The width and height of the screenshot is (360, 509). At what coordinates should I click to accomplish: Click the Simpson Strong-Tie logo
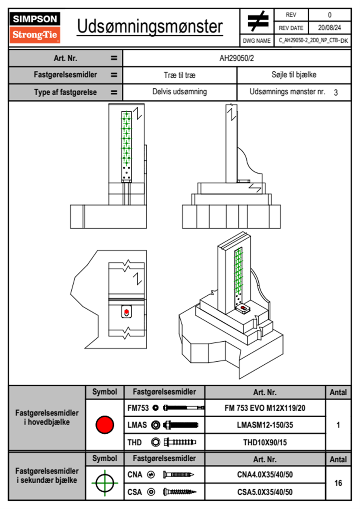coord(35,28)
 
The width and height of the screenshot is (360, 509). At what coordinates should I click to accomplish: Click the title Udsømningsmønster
coord(150,27)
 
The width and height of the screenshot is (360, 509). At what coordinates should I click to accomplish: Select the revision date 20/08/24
coord(329,28)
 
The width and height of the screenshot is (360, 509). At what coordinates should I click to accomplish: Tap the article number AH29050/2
coord(237,58)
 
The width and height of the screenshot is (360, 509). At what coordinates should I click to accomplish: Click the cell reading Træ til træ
coord(180,75)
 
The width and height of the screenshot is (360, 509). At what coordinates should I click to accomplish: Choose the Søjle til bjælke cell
coord(294,75)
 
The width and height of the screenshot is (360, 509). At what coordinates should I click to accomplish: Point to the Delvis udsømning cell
coord(180,92)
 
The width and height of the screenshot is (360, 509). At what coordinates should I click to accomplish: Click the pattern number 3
coord(335,93)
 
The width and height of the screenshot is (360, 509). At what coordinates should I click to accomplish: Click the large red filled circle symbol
coord(105,425)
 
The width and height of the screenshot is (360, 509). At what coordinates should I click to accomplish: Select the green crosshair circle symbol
coord(105,483)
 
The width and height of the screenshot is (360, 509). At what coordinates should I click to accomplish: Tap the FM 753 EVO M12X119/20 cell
coord(265,408)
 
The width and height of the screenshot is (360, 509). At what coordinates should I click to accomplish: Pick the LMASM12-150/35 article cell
coord(265,425)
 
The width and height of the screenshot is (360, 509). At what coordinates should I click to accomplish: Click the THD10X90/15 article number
coord(265,442)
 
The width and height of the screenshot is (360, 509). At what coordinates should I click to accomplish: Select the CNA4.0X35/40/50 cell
coord(265,475)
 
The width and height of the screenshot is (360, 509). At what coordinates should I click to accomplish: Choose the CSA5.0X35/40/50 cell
coord(265,492)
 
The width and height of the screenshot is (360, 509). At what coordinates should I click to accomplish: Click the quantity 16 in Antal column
coord(338,483)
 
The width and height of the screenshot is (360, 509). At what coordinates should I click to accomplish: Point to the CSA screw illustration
coord(179,492)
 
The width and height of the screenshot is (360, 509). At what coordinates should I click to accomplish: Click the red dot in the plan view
coord(126,311)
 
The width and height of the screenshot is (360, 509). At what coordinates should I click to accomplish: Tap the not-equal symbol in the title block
coord(257,21)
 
